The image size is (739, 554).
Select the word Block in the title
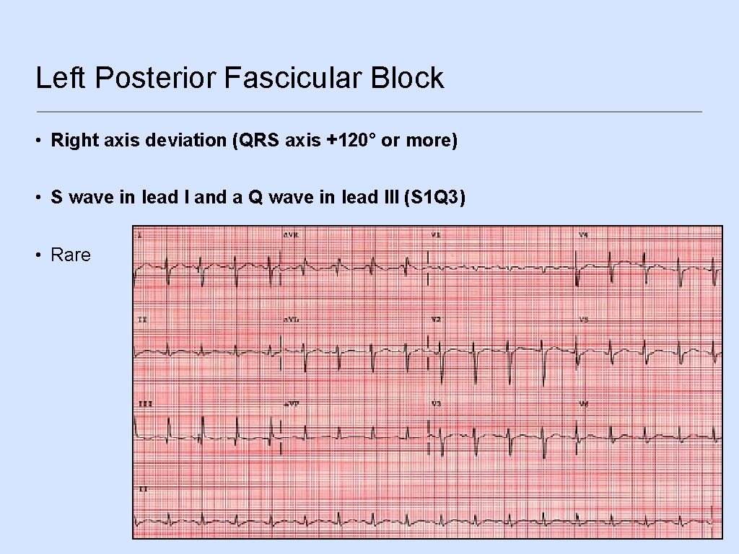(x=407, y=78)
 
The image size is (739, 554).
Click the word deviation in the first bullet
(x=186, y=140)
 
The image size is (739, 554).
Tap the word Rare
(x=71, y=255)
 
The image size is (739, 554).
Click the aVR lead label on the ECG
(x=291, y=234)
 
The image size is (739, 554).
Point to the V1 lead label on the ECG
(x=435, y=234)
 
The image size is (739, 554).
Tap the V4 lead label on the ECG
(x=582, y=234)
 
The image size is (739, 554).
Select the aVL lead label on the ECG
(x=291, y=319)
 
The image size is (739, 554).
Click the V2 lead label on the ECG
(x=435, y=319)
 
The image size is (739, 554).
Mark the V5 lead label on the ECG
(x=582, y=319)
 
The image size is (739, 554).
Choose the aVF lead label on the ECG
(x=291, y=404)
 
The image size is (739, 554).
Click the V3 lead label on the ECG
(x=435, y=403)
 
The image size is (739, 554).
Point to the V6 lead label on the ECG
(x=582, y=403)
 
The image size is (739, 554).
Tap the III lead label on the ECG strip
(x=144, y=404)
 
